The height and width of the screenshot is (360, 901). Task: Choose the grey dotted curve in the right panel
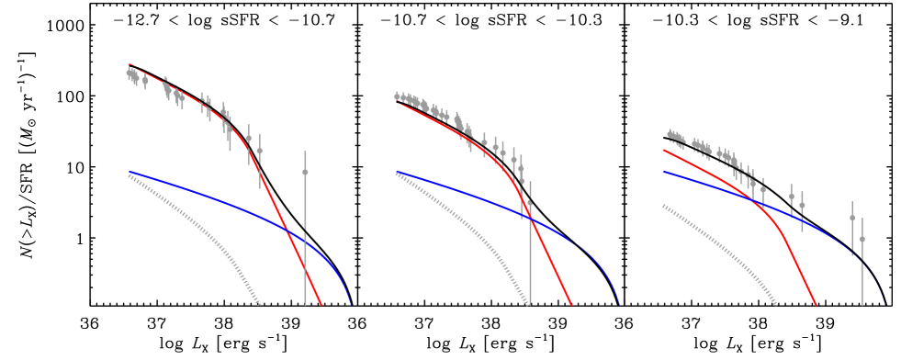pyautogui.click(x=726, y=243)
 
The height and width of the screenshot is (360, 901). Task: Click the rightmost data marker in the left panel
pyautogui.click(x=305, y=172)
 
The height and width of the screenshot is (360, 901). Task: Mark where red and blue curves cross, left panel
pyautogui.click(x=287, y=230)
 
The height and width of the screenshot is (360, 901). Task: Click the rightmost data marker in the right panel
pyautogui.click(x=862, y=239)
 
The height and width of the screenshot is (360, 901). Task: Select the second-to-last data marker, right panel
pyautogui.click(x=852, y=218)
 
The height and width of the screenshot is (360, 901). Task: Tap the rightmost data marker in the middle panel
pyautogui.click(x=529, y=204)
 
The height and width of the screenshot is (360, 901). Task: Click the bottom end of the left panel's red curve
pyautogui.click(x=321, y=304)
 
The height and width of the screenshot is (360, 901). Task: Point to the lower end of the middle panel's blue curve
pyautogui.click(x=620, y=304)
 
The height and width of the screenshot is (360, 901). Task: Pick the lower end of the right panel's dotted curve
pyautogui.click(x=777, y=304)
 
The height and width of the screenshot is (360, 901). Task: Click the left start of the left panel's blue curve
pyautogui.click(x=130, y=172)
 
